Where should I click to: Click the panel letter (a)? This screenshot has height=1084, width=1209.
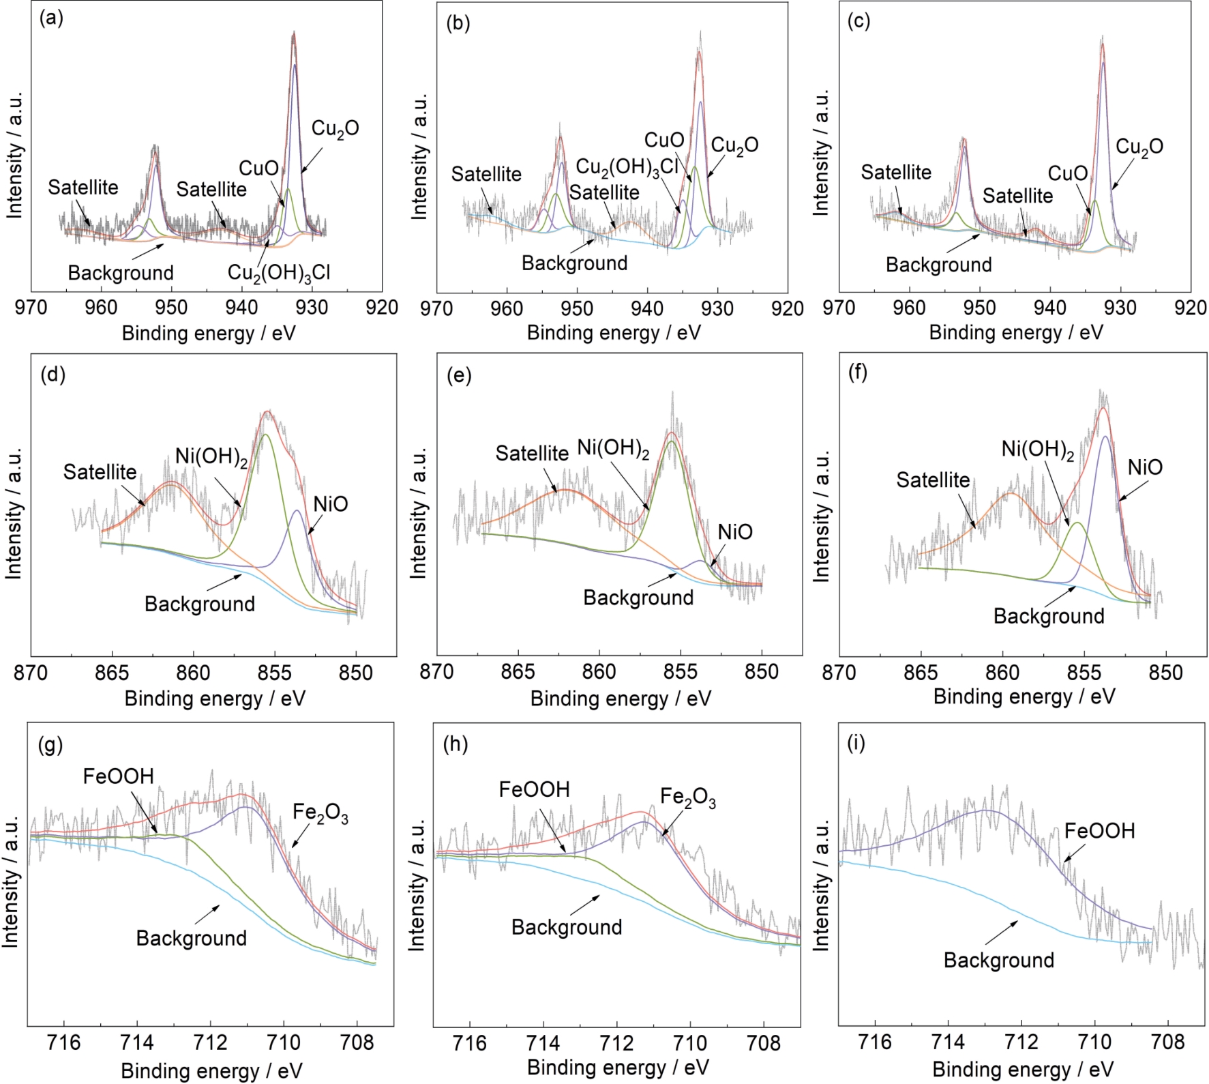[x=52, y=19]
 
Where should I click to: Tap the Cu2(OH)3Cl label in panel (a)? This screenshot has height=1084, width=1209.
[x=278, y=273]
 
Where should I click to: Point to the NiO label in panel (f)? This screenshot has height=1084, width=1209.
[x=1145, y=467]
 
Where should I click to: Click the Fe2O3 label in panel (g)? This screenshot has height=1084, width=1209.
[x=320, y=812]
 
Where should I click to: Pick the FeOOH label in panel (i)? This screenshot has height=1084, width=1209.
[x=1099, y=831]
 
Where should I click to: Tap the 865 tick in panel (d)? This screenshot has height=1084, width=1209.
[x=113, y=673]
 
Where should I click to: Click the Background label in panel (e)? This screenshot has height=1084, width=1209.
[x=638, y=598]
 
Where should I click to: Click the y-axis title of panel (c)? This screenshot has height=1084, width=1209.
[x=821, y=151]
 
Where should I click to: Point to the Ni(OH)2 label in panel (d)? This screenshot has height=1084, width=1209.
[x=211, y=457]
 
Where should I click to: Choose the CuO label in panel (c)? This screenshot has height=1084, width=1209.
[x=1067, y=173]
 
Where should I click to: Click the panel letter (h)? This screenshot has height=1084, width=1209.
[x=456, y=744]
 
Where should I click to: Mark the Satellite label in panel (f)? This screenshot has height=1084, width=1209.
[x=932, y=480]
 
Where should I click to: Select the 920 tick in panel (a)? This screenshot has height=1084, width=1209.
[x=382, y=308]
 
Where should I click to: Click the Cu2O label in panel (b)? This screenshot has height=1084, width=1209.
[x=734, y=145]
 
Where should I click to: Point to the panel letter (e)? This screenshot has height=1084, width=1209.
[x=458, y=375]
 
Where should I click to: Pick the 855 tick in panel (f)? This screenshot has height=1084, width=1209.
[x=1084, y=673]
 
